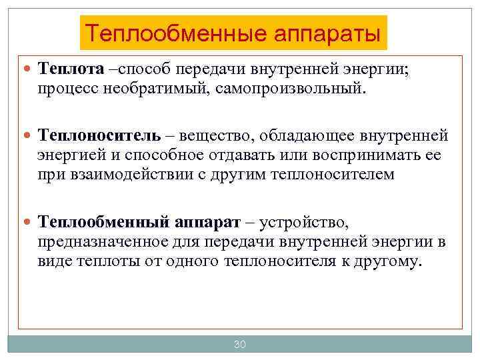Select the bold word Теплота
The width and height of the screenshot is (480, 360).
coord(71,69)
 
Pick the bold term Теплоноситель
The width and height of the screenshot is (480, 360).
coord(99,135)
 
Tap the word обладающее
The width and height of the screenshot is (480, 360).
coord(306,135)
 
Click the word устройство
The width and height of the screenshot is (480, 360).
coord(303,221)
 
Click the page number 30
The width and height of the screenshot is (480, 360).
coord(240,345)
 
